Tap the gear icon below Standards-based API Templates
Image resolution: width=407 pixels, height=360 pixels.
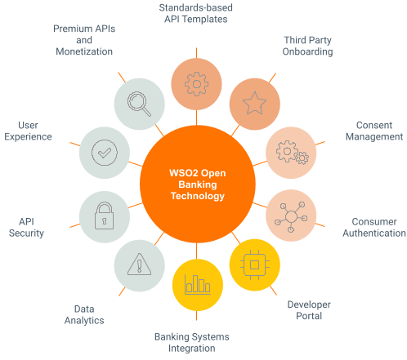point(196,83)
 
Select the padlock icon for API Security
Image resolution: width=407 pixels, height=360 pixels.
point(104,216)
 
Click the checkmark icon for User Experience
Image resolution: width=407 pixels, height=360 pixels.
point(104,151)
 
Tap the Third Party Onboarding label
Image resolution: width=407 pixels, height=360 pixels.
point(308,46)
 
